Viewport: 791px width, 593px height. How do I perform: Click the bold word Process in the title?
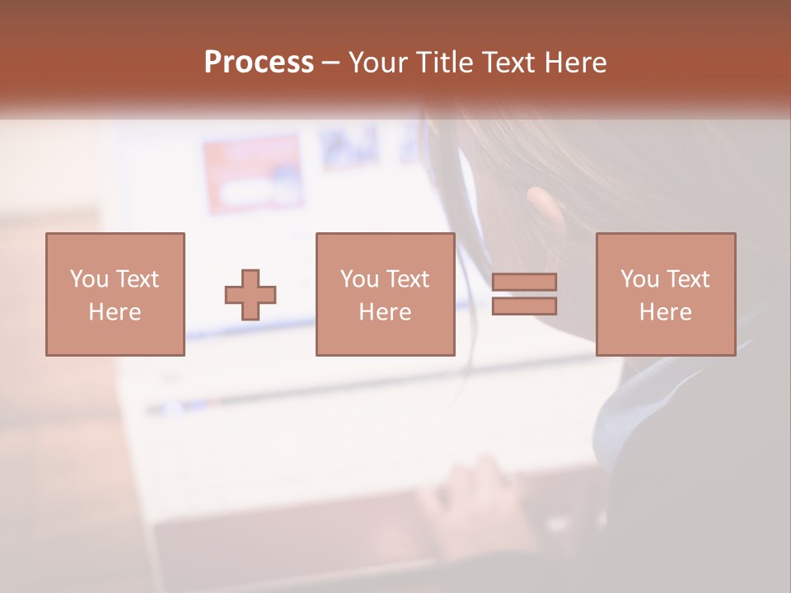click(259, 63)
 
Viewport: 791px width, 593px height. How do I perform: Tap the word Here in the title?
click(573, 63)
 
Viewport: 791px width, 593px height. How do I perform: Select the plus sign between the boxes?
click(250, 295)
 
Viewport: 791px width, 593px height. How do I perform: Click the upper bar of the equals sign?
click(524, 282)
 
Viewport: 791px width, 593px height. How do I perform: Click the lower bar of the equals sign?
click(524, 306)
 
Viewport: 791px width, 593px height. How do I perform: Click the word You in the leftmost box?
click(89, 279)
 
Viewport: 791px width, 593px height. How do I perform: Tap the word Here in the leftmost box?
click(115, 312)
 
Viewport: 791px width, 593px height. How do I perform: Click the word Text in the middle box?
click(407, 279)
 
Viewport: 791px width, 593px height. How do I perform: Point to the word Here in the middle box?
click(385, 312)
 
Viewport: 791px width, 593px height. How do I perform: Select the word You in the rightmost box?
click(639, 279)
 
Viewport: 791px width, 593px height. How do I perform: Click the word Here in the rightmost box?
click(665, 312)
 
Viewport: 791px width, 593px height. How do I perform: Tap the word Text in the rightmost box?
click(687, 279)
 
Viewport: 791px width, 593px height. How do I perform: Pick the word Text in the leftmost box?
click(137, 279)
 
